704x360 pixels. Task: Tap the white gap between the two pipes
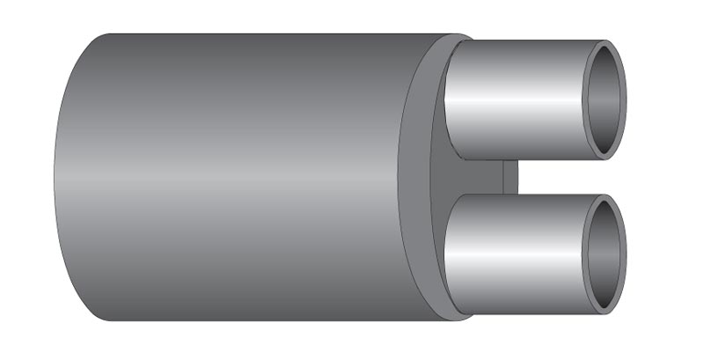pos(563,177)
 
